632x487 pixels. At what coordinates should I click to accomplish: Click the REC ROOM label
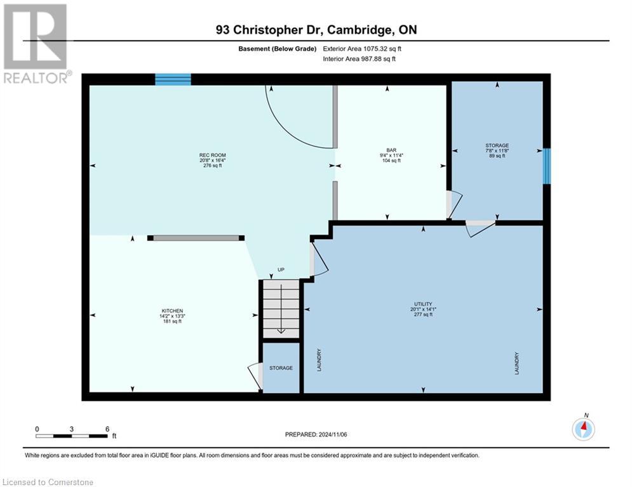click(x=213, y=155)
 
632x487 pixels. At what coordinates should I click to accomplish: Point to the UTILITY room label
click(x=424, y=304)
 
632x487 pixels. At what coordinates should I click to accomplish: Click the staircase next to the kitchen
click(x=281, y=309)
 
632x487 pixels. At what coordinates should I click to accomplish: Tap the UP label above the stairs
click(x=281, y=269)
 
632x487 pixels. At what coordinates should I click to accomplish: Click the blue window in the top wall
click(x=173, y=79)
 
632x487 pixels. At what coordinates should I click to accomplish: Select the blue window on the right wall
click(x=547, y=166)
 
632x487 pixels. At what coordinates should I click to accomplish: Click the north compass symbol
click(x=582, y=429)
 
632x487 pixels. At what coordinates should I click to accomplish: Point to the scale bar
click(x=72, y=436)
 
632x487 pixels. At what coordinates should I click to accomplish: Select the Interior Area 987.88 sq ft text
click(x=359, y=59)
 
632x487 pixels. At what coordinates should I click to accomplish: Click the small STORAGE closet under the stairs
click(x=281, y=368)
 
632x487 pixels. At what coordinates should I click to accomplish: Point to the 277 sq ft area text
click(x=424, y=315)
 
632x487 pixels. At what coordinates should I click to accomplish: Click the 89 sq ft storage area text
click(x=497, y=156)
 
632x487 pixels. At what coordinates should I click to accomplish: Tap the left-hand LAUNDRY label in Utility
click(x=319, y=360)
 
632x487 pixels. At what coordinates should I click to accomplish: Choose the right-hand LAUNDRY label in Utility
click(x=517, y=363)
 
